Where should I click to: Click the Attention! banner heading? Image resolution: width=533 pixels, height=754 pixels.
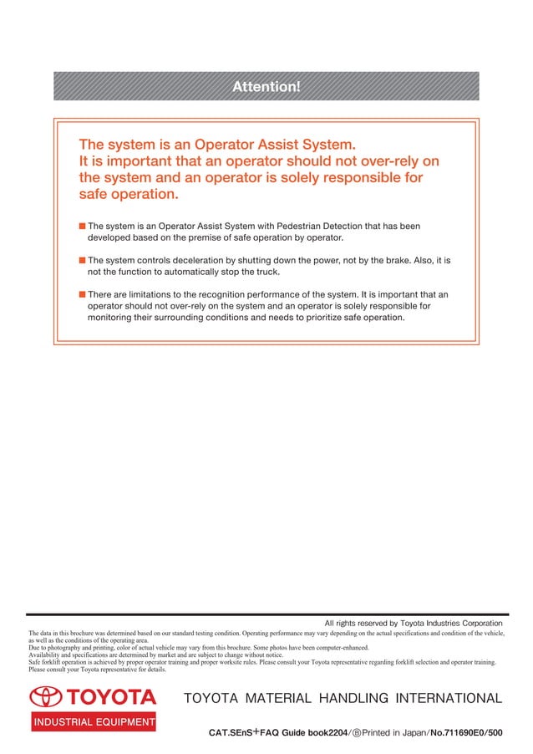click(266, 86)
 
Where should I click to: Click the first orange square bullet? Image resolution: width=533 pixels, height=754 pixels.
click(82, 226)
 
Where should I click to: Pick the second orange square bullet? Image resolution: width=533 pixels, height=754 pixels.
click(82, 260)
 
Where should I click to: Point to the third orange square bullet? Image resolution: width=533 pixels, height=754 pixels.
click(82, 294)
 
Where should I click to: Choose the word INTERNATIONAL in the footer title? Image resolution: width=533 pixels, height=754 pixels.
click(443, 698)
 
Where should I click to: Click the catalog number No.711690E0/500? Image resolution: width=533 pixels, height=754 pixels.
click(464, 732)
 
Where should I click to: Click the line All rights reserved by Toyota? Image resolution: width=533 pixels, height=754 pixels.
click(414, 623)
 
